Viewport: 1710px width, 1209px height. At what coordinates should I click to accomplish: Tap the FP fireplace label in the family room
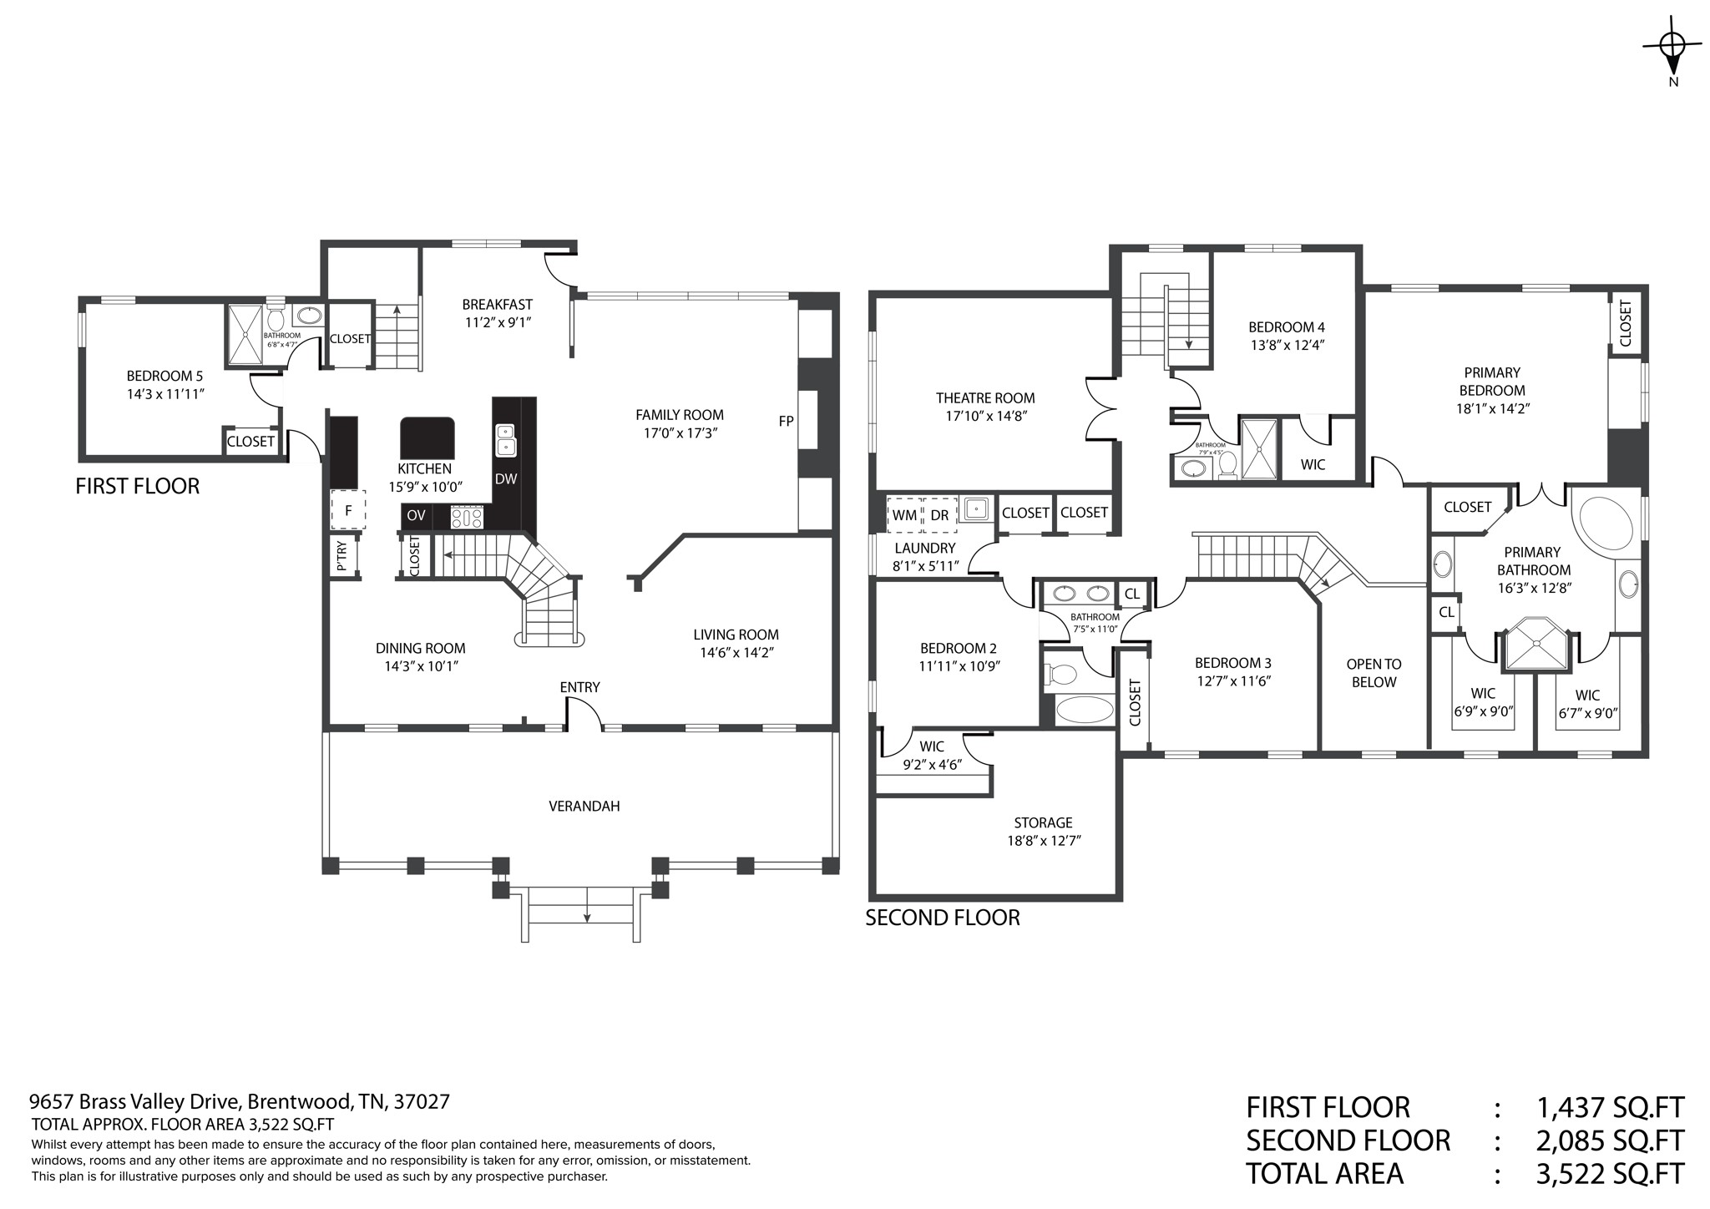[786, 422]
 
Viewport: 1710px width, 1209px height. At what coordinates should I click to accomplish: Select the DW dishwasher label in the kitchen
[506, 479]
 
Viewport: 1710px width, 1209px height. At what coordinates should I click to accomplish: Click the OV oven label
[416, 516]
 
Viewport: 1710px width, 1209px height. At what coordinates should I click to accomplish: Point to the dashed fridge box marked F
[348, 509]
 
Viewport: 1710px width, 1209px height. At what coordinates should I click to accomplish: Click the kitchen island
[428, 436]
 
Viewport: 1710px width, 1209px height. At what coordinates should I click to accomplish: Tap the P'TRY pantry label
[341, 557]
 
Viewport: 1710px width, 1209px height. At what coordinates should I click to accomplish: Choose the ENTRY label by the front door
[579, 687]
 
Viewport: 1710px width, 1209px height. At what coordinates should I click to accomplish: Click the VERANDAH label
[584, 807]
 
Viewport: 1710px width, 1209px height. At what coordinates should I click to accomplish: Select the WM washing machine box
[904, 515]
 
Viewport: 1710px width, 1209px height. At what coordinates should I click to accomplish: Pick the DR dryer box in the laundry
[939, 515]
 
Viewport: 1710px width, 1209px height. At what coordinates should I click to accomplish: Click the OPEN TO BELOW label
[1374, 673]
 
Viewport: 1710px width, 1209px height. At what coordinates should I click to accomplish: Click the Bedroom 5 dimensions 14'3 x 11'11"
[165, 394]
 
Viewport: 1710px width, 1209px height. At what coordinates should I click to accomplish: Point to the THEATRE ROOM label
[985, 398]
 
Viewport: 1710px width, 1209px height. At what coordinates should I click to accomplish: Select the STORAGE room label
[1043, 822]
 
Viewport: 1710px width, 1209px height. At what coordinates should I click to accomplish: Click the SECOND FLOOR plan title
[943, 918]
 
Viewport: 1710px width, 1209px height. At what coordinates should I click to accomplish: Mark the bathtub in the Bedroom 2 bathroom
[1085, 710]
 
